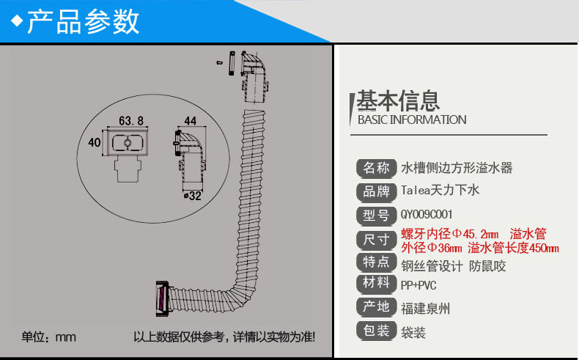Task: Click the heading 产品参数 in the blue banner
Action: click(x=82, y=23)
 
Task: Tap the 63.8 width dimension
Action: click(x=130, y=120)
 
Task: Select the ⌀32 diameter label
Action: click(x=192, y=196)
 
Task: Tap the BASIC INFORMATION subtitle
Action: click(x=411, y=120)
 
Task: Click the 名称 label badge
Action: click(x=376, y=167)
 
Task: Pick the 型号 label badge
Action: click(x=376, y=215)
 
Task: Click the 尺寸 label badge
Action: click(x=376, y=239)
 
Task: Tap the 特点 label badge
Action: click(x=376, y=262)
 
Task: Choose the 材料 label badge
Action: click(x=376, y=284)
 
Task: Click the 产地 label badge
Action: click(x=376, y=307)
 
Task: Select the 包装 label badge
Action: click(x=376, y=331)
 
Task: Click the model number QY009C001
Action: click(x=427, y=215)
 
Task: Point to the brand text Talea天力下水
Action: click(x=440, y=191)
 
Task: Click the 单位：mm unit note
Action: click(x=48, y=337)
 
